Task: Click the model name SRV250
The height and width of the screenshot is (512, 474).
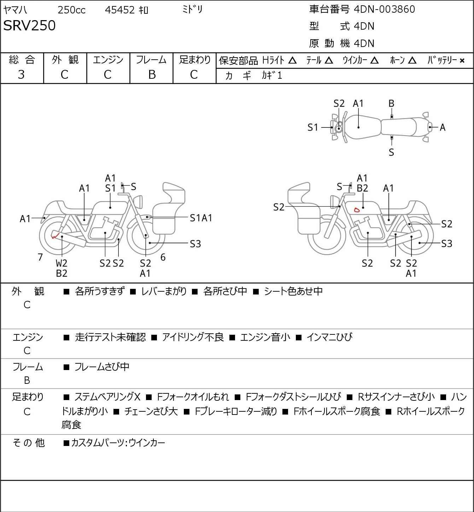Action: click(x=29, y=25)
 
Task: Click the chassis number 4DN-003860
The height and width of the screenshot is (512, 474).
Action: click(x=384, y=9)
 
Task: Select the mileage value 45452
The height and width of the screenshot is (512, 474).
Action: click(x=120, y=10)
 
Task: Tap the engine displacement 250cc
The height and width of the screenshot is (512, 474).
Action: click(x=71, y=10)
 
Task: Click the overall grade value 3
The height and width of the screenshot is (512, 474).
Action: click(x=21, y=75)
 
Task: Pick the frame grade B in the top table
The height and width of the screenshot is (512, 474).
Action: click(x=152, y=75)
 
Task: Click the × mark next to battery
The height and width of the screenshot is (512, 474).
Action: click(x=462, y=61)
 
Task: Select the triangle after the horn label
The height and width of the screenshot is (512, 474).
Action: click(x=412, y=60)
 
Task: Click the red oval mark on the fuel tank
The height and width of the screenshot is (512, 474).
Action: click(x=357, y=210)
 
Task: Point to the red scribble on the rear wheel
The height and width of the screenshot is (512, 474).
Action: click(x=55, y=235)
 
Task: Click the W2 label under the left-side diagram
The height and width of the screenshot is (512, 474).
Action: click(x=62, y=263)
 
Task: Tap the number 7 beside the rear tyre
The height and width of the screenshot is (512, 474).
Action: click(x=40, y=257)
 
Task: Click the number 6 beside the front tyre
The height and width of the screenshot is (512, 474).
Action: click(x=163, y=257)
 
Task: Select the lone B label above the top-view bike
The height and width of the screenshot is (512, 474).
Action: click(x=391, y=104)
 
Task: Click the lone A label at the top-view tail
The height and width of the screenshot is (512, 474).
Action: click(x=443, y=127)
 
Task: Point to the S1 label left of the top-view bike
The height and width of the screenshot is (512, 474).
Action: click(x=313, y=127)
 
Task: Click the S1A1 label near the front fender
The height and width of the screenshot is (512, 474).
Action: click(x=201, y=218)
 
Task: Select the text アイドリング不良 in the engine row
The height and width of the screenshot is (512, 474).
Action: click(x=193, y=337)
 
